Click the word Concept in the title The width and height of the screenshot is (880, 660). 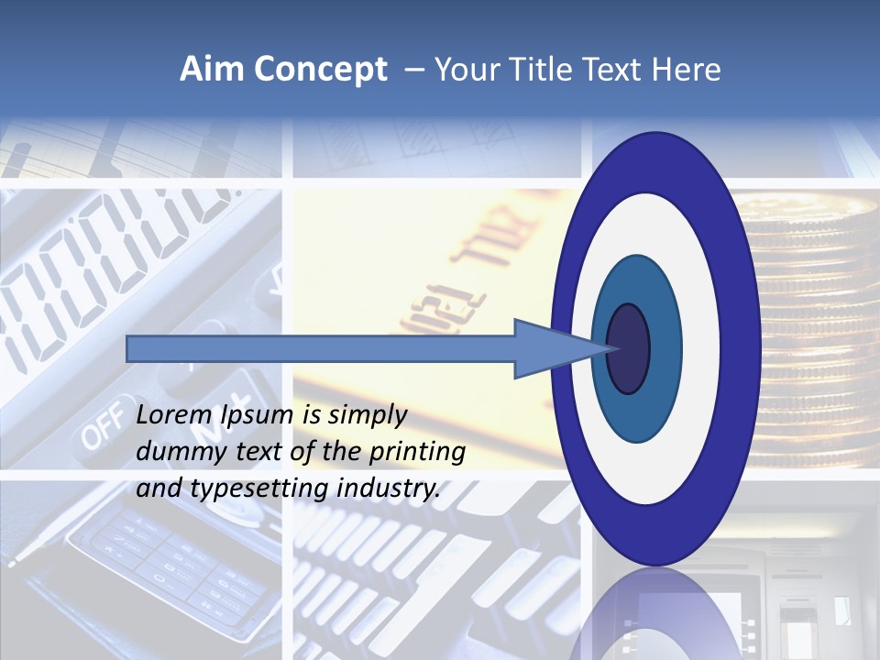click(x=320, y=70)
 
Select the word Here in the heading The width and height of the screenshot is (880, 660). click(x=687, y=70)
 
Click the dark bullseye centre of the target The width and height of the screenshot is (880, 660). click(x=629, y=348)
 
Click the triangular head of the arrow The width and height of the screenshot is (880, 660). click(x=550, y=348)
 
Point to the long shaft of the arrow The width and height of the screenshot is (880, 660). click(x=321, y=348)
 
